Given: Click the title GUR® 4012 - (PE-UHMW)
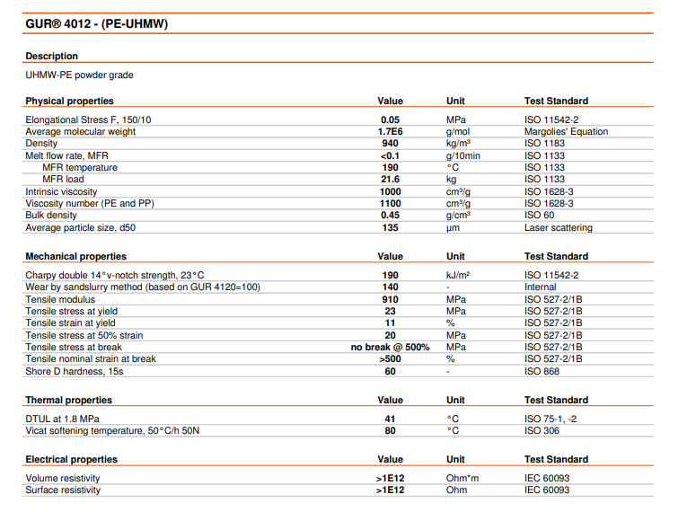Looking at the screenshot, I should tap(97, 23).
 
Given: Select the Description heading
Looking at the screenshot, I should tap(52, 57).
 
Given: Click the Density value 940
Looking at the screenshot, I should tap(390, 144).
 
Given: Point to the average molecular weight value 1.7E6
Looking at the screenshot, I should tap(390, 131).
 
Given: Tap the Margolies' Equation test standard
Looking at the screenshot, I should tap(566, 131).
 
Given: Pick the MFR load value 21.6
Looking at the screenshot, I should tap(390, 180).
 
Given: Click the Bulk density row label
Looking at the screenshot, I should tap(51, 216).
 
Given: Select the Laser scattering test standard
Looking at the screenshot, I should tap(559, 227).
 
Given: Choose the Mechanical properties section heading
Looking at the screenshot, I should tap(76, 257).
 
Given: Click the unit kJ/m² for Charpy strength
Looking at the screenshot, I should tap(458, 275).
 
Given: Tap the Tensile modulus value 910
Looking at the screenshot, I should tap(390, 299).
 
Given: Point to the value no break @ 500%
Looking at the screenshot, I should tap(390, 347).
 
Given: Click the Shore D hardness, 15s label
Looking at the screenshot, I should tap(74, 371).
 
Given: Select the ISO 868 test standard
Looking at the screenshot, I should tap(542, 371).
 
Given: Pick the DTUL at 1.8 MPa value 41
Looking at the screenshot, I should tap(390, 419).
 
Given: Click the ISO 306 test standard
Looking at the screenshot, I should tap(542, 431).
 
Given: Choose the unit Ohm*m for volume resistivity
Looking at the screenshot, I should tap(463, 479).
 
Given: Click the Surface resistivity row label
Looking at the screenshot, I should tap(63, 490).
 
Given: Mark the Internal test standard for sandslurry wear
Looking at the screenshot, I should tap(541, 287).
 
